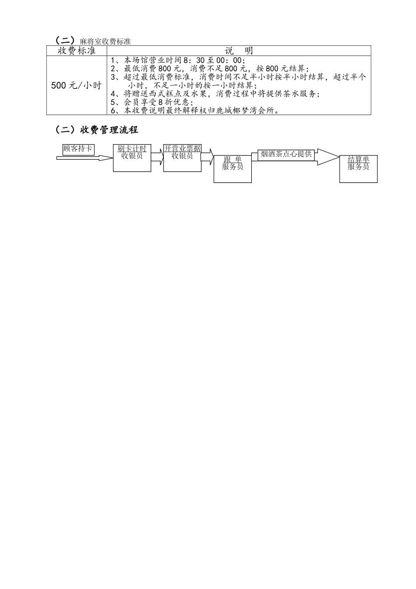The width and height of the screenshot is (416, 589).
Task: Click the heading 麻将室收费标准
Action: click(x=105, y=41)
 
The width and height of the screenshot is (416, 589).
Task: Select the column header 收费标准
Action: click(x=77, y=51)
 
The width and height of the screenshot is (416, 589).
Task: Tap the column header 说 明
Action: click(x=239, y=51)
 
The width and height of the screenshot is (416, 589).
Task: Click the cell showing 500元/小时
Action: click(x=77, y=85)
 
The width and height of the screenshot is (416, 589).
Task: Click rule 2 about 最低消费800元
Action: click(x=209, y=69)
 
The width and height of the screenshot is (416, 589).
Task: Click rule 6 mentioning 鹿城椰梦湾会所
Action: click(x=195, y=110)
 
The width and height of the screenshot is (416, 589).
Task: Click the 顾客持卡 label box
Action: click(x=78, y=149)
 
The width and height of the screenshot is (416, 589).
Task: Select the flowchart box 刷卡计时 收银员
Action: click(x=132, y=158)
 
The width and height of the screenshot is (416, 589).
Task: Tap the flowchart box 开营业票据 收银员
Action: click(x=182, y=158)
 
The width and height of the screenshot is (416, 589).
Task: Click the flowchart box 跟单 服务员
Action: click(x=233, y=169)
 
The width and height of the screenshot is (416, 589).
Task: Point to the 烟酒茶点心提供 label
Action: click(x=286, y=154)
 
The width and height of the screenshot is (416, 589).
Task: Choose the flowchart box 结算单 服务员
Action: click(x=358, y=169)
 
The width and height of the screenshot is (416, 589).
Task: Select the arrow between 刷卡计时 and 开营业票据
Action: click(x=157, y=156)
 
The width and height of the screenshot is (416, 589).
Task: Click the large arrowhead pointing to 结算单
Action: click(x=327, y=157)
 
